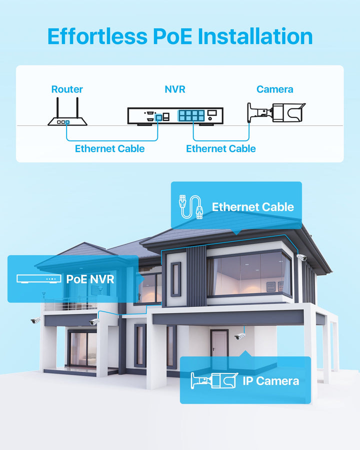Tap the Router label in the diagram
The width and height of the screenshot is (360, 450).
tap(67, 89)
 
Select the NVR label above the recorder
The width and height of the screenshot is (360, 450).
tap(175, 89)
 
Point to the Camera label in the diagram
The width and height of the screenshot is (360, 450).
tap(274, 89)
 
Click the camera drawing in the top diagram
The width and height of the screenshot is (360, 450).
tap(276, 113)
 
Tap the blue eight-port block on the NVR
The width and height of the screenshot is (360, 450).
tap(191, 116)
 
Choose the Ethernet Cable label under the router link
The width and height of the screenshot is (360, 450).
tap(109, 148)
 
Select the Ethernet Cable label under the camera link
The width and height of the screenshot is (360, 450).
tap(220, 148)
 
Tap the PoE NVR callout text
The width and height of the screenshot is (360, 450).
tap(90, 279)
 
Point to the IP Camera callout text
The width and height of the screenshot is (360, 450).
tap(270, 381)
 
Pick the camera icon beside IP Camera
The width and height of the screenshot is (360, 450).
tap(213, 381)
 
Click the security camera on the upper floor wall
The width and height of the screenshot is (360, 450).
tap(301, 257)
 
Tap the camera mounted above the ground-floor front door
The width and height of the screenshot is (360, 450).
tap(240, 336)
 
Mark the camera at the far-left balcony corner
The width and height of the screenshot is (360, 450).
tap(35, 320)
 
